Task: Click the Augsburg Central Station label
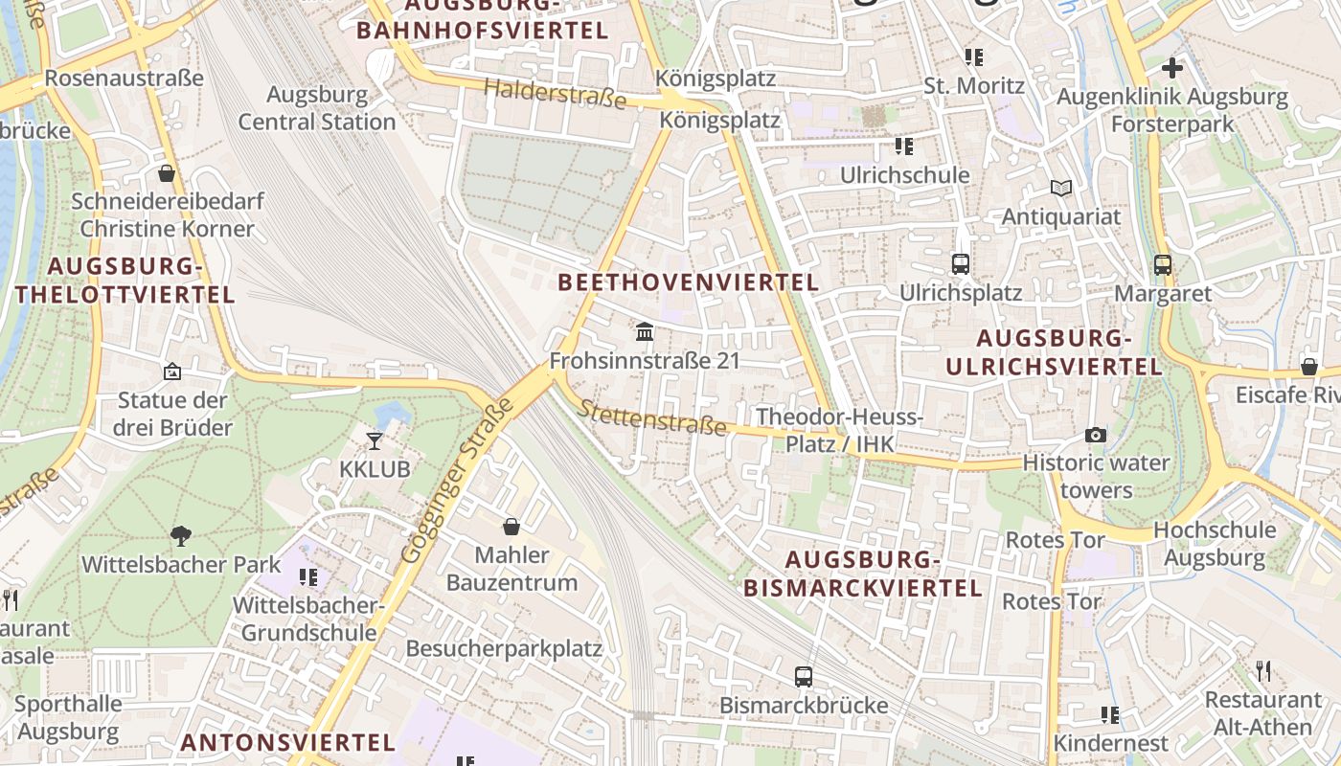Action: [316, 108]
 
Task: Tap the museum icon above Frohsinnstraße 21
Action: [646, 332]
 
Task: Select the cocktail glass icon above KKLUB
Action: [375, 440]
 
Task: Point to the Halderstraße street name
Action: [556, 94]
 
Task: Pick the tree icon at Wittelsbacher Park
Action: [180, 535]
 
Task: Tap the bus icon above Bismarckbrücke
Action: [804, 677]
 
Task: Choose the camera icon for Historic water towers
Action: [1096, 435]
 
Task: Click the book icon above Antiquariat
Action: [1060, 188]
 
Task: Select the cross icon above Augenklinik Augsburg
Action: [1171, 68]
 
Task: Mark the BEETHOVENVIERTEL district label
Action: [689, 282]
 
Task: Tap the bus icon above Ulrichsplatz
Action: [960, 263]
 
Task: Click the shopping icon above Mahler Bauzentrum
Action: [511, 527]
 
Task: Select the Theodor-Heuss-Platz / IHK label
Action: [839, 430]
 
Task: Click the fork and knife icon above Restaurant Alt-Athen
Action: [1263, 670]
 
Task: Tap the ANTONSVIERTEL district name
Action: [287, 742]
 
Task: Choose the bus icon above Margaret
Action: [1162, 264]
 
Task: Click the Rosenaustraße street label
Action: [124, 78]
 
